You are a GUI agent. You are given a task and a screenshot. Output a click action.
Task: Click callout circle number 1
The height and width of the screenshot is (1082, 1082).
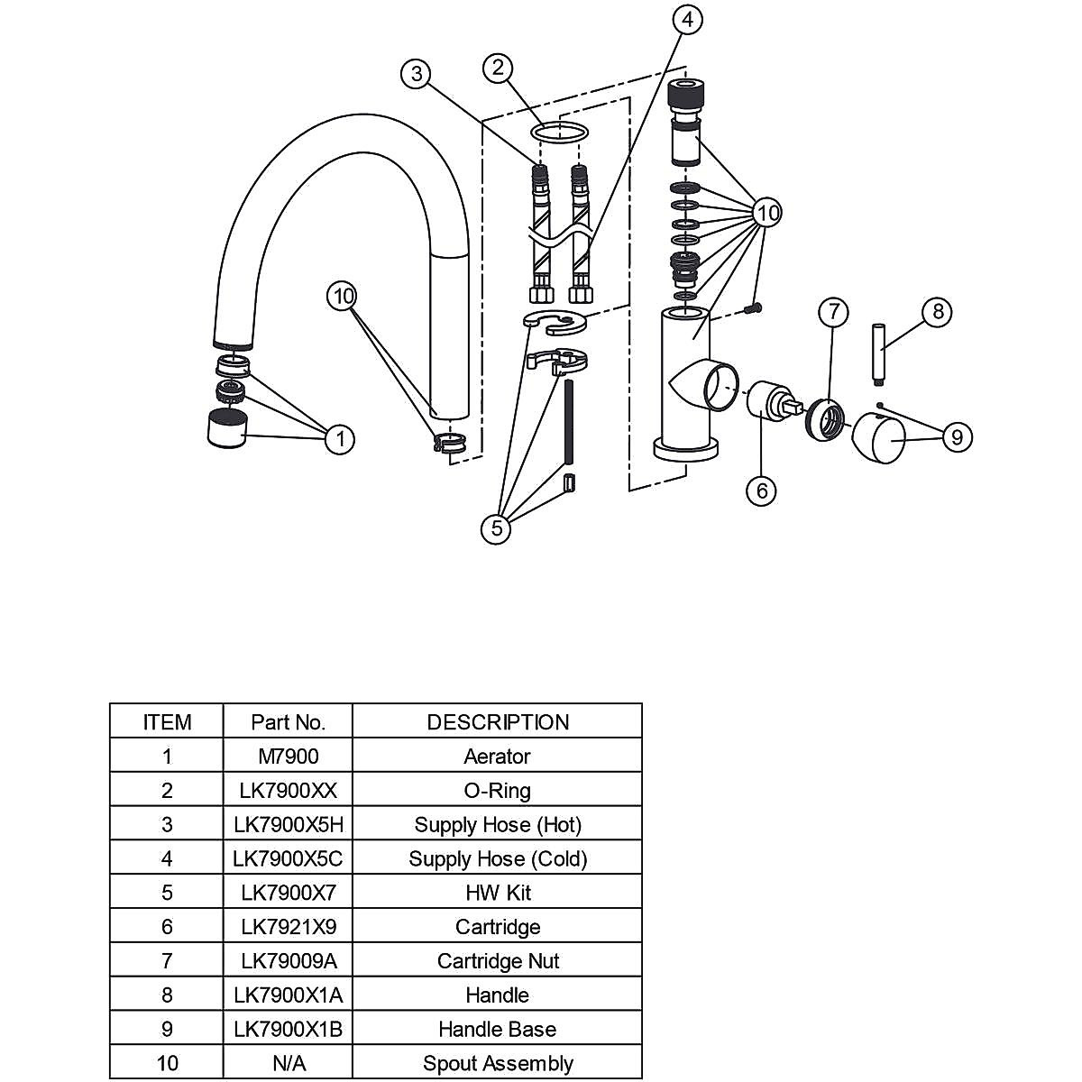pyautogui.click(x=340, y=439)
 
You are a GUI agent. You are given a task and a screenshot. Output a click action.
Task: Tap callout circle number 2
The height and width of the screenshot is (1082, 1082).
pyautogui.click(x=498, y=68)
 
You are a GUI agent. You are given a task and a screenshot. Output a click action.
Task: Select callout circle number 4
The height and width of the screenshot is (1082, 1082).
pyautogui.click(x=688, y=19)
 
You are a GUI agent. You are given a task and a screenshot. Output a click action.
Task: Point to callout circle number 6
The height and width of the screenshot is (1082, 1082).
pyautogui.click(x=762, y=491)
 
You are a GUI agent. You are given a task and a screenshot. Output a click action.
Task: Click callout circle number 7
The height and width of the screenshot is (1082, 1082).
pyautogui.click(x=834, y=313)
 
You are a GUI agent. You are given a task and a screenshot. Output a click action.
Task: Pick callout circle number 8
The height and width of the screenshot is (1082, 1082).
pyautogui.click(x=938, y=312)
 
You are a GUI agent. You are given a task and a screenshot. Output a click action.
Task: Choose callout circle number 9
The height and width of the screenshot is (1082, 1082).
pyautogui.click(x=957, y=437)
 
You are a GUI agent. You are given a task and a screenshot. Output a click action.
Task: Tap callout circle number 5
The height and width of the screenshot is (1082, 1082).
pyautogui.click(x=497, y=528)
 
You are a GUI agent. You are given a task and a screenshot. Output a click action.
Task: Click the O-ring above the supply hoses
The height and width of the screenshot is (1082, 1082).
pyautogui.click(x=559, y=133)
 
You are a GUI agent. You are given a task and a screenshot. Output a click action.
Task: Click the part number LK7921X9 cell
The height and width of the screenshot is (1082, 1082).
pyautogui.click(x=288, y=926)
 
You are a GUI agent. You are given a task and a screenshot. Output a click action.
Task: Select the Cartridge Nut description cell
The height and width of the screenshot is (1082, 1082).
pyautogui.click(x=498, y=960)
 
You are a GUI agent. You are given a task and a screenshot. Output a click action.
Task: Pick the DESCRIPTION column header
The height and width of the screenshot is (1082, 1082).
pyautogui.click(x=498, y=721)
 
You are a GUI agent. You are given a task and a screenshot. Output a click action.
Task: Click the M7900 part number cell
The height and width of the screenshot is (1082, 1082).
pyautogui.click(x=288, y=756)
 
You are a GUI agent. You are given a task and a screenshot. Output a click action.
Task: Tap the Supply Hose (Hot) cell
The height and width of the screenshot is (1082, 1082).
pyautogui.click(x=498, y=824)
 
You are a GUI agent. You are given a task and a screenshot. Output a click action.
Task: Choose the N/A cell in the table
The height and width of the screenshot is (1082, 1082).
pyautogui.click(x=288, y=1063)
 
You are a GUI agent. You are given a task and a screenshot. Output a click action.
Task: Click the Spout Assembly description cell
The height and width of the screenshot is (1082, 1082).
pyautogui.click(x=498, y=1063)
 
